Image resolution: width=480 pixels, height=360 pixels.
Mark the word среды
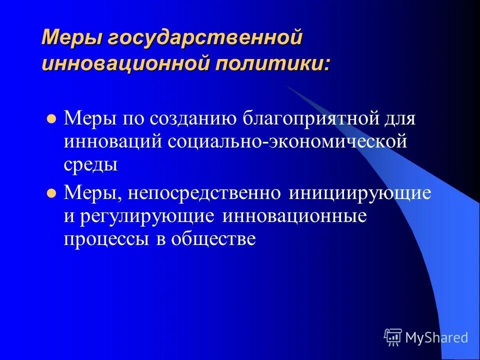click(x=90, y=164)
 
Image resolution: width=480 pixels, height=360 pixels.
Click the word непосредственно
click(x=204, y=193)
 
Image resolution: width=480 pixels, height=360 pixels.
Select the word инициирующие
click(x=359, y=193)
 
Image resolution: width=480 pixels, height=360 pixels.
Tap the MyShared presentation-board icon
click(x=393, y=337)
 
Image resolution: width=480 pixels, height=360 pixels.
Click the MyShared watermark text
click(x=436, y=338)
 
